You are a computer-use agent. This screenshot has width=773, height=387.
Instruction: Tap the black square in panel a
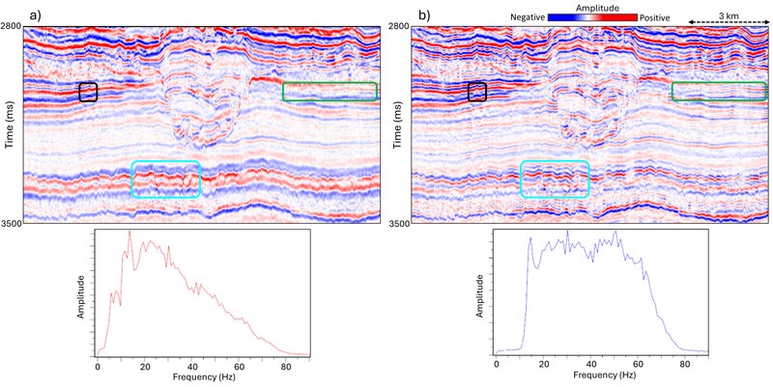(x=88, y=92)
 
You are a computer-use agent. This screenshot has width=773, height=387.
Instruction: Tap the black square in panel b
(x=477, y=92)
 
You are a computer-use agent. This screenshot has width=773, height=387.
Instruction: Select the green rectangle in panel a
(x=329, y=92)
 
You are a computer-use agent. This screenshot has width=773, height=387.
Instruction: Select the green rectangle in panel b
(x=719, y=92)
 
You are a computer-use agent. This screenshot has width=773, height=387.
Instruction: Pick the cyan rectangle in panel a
(x=165, y=180)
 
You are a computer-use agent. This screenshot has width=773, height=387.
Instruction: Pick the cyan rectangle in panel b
(x=555, y=180)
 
